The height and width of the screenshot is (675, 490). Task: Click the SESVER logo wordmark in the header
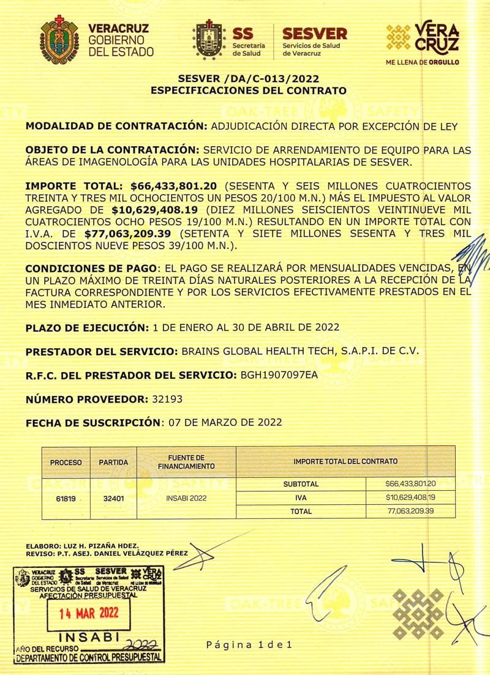click(314, 33)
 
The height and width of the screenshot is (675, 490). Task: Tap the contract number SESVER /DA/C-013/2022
click(248, 79)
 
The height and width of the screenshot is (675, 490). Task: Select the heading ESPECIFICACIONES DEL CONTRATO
click(248, 91)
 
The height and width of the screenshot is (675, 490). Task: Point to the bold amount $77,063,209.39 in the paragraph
click(130, 233)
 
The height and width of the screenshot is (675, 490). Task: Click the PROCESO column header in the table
click(66, 462)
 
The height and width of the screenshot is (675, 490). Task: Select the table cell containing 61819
click(66, 498)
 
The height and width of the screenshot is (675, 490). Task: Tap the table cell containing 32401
click(113, 498)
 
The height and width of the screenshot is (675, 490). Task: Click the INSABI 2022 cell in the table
click(186, 498)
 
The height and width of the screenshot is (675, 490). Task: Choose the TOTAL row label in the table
click(301, 511)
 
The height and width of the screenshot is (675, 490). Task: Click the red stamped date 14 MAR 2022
click(89, 613)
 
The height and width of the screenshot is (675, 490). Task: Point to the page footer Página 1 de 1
click(250, 644)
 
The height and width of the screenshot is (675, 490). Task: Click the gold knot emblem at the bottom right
click(418, 613)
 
